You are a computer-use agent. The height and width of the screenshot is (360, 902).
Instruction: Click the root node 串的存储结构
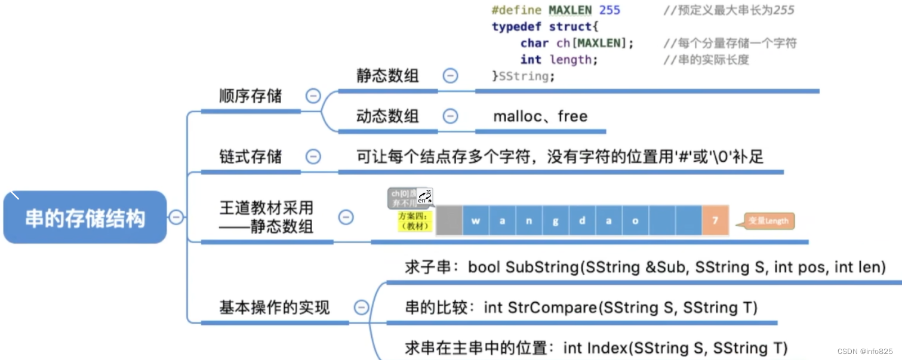tap(85, 218)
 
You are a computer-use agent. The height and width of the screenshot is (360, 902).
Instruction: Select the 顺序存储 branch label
tap(250, 96)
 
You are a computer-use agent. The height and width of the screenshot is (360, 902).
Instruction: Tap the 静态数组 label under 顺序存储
tap(387, 76)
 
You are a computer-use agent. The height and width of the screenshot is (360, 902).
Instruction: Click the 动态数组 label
tap(387, 116)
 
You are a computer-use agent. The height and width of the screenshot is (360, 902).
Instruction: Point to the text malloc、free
tap(540, 116)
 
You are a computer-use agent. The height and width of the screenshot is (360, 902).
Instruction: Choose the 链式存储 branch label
tap(250, 157)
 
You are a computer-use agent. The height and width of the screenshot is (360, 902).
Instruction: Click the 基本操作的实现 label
tap(274, 307)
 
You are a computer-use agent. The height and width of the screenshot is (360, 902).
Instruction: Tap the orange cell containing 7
tap(715, 221)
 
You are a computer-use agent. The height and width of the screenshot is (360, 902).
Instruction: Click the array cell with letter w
tap(476, 221)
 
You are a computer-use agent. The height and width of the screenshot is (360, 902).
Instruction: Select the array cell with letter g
tap(556, 221)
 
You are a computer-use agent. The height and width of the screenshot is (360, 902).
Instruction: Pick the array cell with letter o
tap(635, 221)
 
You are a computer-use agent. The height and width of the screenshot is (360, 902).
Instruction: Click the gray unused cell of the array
tap(449, 221)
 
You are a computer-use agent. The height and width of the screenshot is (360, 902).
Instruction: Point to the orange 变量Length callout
tap(769, 221)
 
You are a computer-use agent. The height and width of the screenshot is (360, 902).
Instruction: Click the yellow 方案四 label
tap(413, 221)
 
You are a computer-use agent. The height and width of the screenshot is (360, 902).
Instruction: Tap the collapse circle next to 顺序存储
tap(313, 96)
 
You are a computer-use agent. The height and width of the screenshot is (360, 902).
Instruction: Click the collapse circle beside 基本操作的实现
tap(361, 307)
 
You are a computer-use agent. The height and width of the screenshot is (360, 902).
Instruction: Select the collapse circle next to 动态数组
tap(450, 116)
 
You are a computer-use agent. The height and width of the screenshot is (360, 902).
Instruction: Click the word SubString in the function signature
tap(541, 267)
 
